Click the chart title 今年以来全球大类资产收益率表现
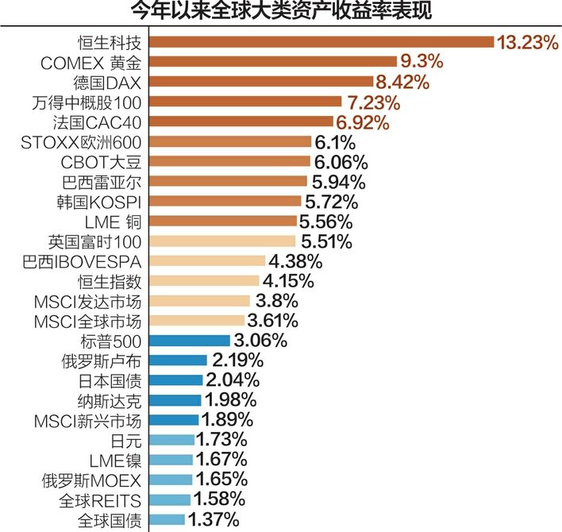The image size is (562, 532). [281, 12]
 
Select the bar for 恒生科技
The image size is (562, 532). [321, 41]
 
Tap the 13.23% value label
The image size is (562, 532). [527, 41]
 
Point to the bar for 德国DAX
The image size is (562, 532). [260, 81]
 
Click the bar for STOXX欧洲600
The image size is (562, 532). [229, 141]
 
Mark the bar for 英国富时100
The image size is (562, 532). [221, 241]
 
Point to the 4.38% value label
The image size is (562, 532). [295, 261]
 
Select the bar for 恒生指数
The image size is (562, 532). [204, 281]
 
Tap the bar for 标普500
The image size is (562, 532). [189, 341]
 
